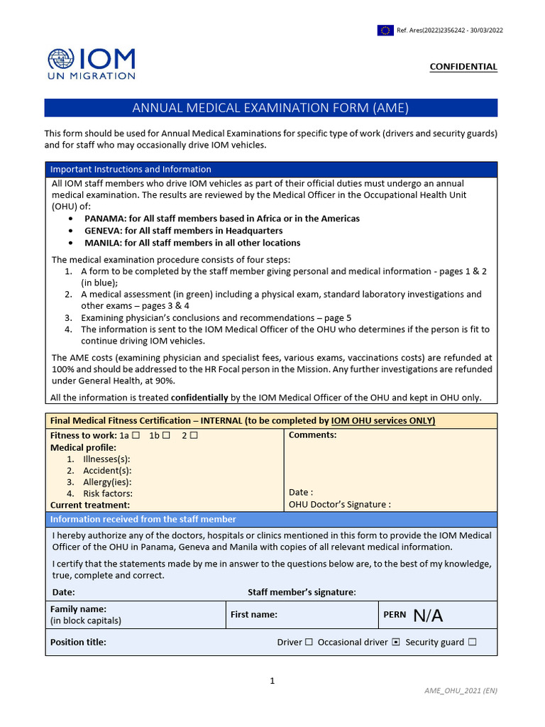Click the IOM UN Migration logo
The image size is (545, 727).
click(x=91, y=64)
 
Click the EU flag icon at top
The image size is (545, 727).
click(x=386, y=30)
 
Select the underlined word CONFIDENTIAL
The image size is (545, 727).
click(x=463, y=67)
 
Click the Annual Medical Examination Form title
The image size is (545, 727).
click(x=271, y=108)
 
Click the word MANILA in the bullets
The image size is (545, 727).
click(x=104, y=243)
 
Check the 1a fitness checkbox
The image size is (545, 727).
click(x=136, y=435)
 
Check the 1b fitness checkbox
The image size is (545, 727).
click(x=167, y=435)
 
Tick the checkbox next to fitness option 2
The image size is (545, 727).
click(x=194, y=435)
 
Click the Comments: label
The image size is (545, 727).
click(x=313, y=435)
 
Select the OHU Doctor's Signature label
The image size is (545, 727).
click(x=340, y=505)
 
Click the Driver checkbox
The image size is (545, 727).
click(x=309, y=643)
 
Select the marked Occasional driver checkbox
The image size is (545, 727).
click(x=396, y=643)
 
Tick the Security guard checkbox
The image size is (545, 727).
click(x=473, y=643)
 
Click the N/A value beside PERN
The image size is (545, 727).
click(x=428, y=616)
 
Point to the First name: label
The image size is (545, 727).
click(x=253, y=615)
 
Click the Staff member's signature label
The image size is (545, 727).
click(x=302, y=592)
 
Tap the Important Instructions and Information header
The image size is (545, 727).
click(x=131, y=170)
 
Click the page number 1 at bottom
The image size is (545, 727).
click(x=272, y=682)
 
